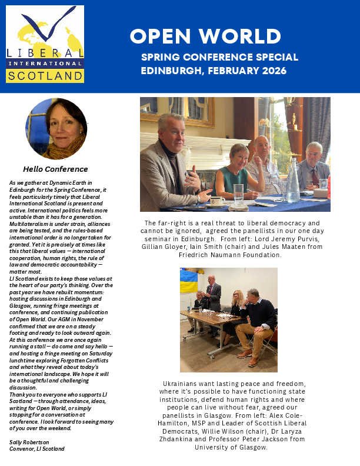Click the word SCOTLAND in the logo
45,76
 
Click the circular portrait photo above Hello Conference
56,129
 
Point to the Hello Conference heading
55,169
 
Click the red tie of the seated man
315,175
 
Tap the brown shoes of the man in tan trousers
246,353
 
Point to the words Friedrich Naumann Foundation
232,255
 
